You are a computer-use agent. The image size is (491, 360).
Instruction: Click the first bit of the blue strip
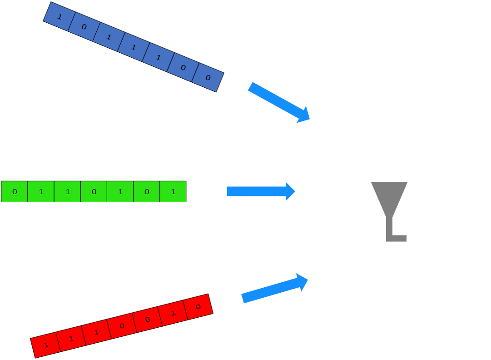[59, 17]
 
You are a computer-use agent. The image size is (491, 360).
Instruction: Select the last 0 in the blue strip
[208, 78]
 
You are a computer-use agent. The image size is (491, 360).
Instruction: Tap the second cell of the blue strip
[84, 27]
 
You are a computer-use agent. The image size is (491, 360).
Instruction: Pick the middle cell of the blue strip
[134, 47]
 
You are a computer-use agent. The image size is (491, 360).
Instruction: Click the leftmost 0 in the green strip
[15, 192]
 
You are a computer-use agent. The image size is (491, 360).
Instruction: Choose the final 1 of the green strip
[173, 192]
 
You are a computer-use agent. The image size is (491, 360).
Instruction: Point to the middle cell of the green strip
[94, 192]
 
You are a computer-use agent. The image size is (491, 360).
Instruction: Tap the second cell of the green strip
[41, 192]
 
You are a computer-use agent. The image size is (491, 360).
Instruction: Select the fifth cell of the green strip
[120, 192]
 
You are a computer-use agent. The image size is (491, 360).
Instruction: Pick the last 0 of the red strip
[198, 307]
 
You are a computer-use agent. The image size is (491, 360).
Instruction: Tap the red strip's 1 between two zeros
[173, 313]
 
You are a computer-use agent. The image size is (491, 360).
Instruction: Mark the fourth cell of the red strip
[122, 326]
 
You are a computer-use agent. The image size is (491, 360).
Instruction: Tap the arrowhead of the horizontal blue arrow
[290, 191]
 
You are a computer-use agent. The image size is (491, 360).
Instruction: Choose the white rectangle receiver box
[448, 260]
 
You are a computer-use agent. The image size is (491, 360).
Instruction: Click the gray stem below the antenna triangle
[389, 230]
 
